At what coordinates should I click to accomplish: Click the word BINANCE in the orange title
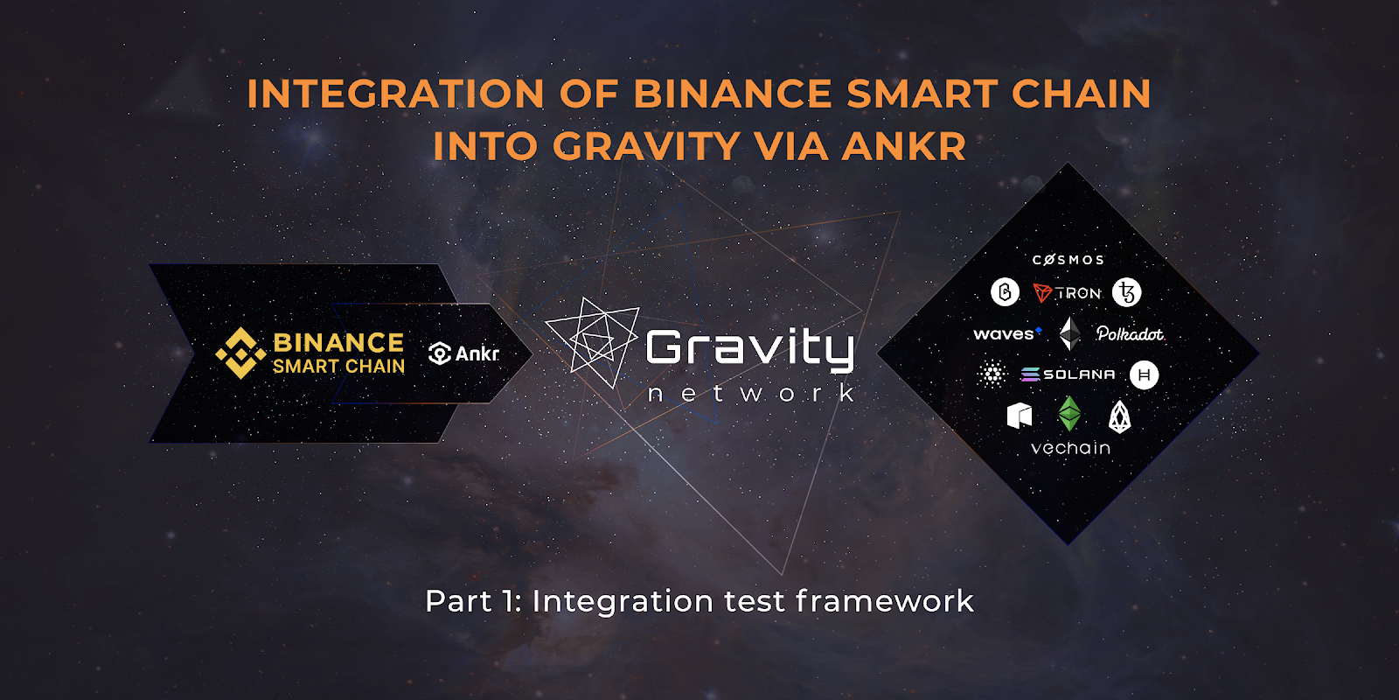[x=733, y=94]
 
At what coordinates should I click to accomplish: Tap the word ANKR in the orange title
[x=904, y=146]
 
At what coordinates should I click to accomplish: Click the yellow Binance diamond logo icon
[x=240, y=353]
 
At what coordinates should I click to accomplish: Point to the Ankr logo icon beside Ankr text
[x=440, y=353]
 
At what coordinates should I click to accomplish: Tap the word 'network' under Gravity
[x=751, y=393]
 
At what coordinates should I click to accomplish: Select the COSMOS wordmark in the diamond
[x=1068, y=260]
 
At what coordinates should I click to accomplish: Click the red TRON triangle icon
[x=1042, y=292]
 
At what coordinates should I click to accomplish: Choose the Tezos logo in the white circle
[x=1127, y=292]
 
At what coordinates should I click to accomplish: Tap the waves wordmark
[x=1006, y=333]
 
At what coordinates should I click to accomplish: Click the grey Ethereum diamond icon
[x=1070, y=333]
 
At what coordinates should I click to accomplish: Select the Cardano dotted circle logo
[x=992, y=374]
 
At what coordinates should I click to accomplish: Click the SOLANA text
[x=1079, y=374]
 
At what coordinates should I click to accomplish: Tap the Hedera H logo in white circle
[x=1145, y=375]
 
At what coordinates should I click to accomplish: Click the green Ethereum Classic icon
[x=1070, y=414]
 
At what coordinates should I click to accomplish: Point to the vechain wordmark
[x=1070, y=447]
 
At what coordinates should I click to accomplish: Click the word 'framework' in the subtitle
[x=884, y=601]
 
